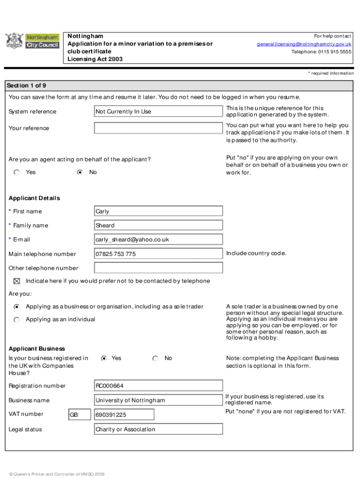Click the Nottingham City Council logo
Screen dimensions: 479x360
tap(32, 41)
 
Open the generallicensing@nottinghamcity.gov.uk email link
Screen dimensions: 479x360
tap(304, 44)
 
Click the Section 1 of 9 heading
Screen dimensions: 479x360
tap(26, 86)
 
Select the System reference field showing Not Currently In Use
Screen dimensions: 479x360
tap(158, 111)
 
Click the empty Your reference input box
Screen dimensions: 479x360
tap(158, 128)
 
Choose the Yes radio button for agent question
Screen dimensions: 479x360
tap(17, 172)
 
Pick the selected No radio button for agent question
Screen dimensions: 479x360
tap(80, 172)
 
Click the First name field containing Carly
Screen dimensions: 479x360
tap(158, 211)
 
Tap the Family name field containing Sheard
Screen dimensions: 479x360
tap(158, 225)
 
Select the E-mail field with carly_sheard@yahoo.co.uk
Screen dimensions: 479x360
tap(158, 239)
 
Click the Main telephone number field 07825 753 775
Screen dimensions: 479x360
tap(158, 254)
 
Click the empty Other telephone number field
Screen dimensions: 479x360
tap(158, 268)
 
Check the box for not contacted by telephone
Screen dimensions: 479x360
tap(17, 281)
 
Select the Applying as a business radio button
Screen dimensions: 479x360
tap(17, 307)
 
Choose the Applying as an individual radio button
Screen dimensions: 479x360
tap(17, 319)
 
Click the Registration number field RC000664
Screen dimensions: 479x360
tap(158, 386)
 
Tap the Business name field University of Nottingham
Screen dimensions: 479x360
tap(158, 400)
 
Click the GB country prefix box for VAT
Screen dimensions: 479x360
tap(79, 415)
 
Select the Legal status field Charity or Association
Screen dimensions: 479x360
tap(158, 429)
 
